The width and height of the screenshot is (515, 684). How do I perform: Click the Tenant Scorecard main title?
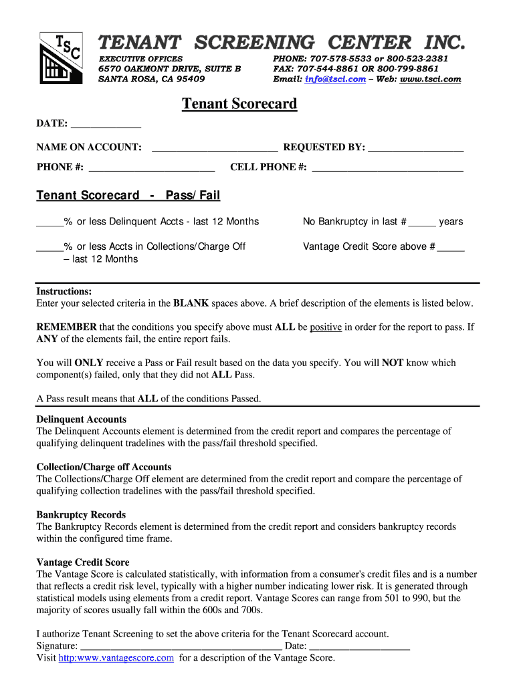pyautogui.click(x=239, y=104)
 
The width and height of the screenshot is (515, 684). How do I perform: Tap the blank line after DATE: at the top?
pyautogui.click(x=106, y=125)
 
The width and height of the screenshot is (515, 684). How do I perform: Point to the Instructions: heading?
pyautogui.click(x=64, y=291)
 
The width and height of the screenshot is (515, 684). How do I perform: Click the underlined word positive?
pyautogui.click(x=326, y=327)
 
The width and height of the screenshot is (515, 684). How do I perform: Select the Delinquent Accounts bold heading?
pyautogui.click(x=81, y=419)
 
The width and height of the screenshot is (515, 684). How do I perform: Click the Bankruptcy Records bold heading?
pyautogui.click(x=81, y=515)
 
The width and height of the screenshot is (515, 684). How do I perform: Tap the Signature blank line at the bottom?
pyautogui.click(x=181, y=647)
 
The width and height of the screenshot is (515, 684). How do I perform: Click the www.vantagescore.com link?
pyautogui.click(x=116, y=658)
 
